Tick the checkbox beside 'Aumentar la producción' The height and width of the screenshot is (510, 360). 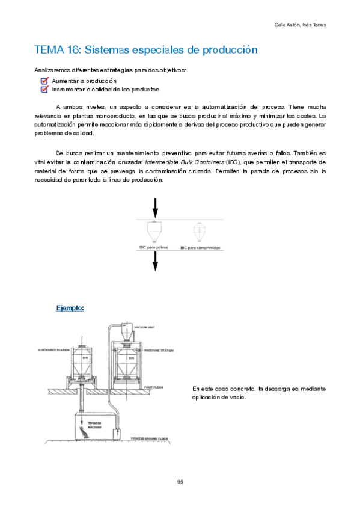pos(44,81)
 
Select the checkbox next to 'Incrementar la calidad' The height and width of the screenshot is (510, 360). pos(44,90)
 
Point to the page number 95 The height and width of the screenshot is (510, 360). pos(180,482)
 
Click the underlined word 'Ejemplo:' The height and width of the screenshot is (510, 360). pos(70,308)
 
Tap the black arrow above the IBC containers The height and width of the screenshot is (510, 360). pos(156,209)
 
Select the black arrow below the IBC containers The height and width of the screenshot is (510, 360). pos(156,261)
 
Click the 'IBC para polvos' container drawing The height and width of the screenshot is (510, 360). pos(156,232)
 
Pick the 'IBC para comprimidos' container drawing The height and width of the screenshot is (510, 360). pos(199,232)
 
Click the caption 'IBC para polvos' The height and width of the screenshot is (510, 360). pos(155,247)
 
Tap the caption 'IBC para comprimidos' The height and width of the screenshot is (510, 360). pos(200,247)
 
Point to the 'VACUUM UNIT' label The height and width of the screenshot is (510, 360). pos(144,329)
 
